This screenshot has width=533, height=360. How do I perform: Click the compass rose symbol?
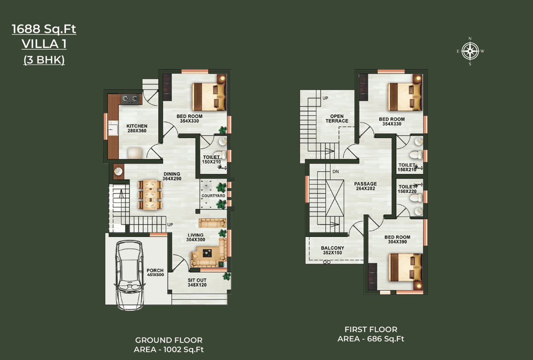[x=470, y=51]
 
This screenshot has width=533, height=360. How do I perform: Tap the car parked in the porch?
[x=130, y=275]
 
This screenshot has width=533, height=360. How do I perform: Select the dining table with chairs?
[x=150, y=195]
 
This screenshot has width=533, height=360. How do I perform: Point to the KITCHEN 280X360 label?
[x=136, y=128]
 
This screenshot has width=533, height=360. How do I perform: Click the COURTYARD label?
[x=213, y=196]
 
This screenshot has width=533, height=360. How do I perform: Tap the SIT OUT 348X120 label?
[x=197, y=282]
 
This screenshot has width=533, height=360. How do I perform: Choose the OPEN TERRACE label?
[x=337, y=119]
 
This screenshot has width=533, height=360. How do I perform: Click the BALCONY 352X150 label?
[x=333, y=250]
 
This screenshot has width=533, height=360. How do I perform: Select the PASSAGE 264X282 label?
[x=365, y=186]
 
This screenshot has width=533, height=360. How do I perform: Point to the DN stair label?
[x=336, y=172]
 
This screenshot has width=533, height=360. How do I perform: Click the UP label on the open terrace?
[x=325, y=98]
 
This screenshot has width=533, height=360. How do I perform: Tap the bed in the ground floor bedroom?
[x=209, y=96]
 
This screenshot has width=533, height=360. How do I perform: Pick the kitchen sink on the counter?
[x=113, y=128]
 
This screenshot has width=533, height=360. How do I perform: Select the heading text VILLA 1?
[x=44, y=44]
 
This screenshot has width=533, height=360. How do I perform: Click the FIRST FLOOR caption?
[x=371, y=329]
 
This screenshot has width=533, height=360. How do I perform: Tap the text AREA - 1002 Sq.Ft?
[x=169, y=349]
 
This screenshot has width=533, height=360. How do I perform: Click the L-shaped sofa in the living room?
[x=209, y=253]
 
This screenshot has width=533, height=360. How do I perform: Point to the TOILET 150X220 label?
[x=407, y=189]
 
